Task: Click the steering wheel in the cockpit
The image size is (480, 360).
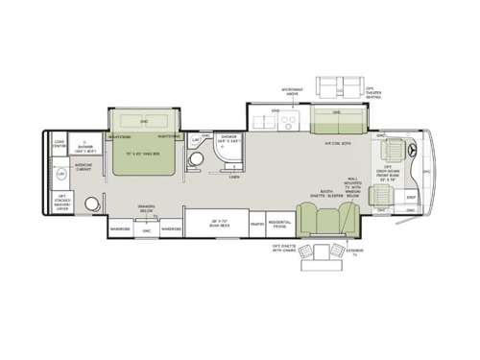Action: point(411,151)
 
